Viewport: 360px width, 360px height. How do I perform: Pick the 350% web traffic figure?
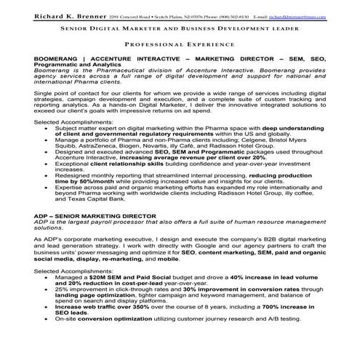(x=167, y=308)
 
